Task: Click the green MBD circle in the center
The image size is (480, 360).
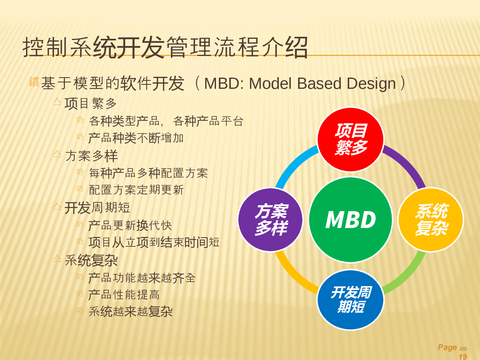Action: click(x=350, y=219)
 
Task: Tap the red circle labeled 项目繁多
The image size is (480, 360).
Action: click(x=350, y=140)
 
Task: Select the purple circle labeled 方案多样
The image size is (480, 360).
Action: click(x=270, y=220)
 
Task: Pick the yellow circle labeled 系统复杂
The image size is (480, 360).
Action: click(x=430, y=220)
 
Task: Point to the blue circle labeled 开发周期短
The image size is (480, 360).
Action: click(x=350, y=300)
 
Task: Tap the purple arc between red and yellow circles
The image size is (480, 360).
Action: click(x=408, y=164)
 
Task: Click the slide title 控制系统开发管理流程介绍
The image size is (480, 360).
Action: click(x=165, y=48)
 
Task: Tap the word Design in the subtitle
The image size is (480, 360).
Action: click(x=371, y=84)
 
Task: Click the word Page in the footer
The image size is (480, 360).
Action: click(x=448, y=347)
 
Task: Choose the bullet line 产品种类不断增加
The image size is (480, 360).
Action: click(x=136, y=138)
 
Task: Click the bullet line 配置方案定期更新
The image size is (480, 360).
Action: click(x=136, y=190)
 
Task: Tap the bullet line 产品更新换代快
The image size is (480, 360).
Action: click(x=130, y=225)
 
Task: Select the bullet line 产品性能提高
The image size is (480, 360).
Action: click(x=124, y=295)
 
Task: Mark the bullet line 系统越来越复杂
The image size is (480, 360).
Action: click(x=131, y=311)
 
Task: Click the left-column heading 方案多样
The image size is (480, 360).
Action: click(x=92, y=156)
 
